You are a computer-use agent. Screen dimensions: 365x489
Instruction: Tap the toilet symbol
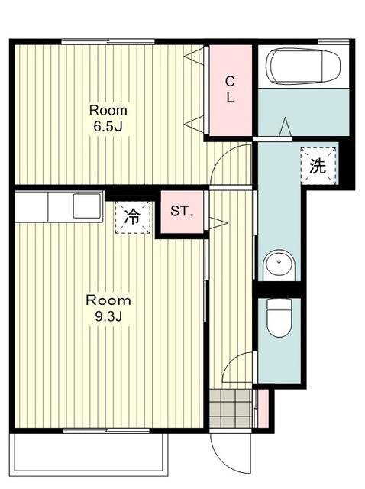tap(279, 318)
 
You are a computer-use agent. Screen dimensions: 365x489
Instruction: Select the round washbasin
tap(279, 264)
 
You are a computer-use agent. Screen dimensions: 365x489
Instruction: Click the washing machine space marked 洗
tap(318, 166)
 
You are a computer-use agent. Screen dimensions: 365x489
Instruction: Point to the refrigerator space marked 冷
tap(133, 217)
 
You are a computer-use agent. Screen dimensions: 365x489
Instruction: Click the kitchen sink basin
tap(87, 206)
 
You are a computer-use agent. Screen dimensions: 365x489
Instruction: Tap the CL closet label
tap(230, 89)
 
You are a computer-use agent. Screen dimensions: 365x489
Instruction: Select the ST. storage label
tap(182, 212)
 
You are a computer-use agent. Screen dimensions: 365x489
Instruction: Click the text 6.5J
tap(108, 126)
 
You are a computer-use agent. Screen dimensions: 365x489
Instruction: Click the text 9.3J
tap(108, 316)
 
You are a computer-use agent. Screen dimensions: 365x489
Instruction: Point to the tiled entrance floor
tap(231, 408)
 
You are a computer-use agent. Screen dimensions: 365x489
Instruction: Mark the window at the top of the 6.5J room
tap(108, 41)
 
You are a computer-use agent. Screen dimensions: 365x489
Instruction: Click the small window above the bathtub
tap(333, 41)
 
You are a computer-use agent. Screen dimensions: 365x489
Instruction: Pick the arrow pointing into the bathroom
tap(286, 127)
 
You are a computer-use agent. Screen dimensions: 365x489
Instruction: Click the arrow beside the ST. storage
tap(218, 223)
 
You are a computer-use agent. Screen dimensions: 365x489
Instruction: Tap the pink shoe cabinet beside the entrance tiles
tap(263, 408)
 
